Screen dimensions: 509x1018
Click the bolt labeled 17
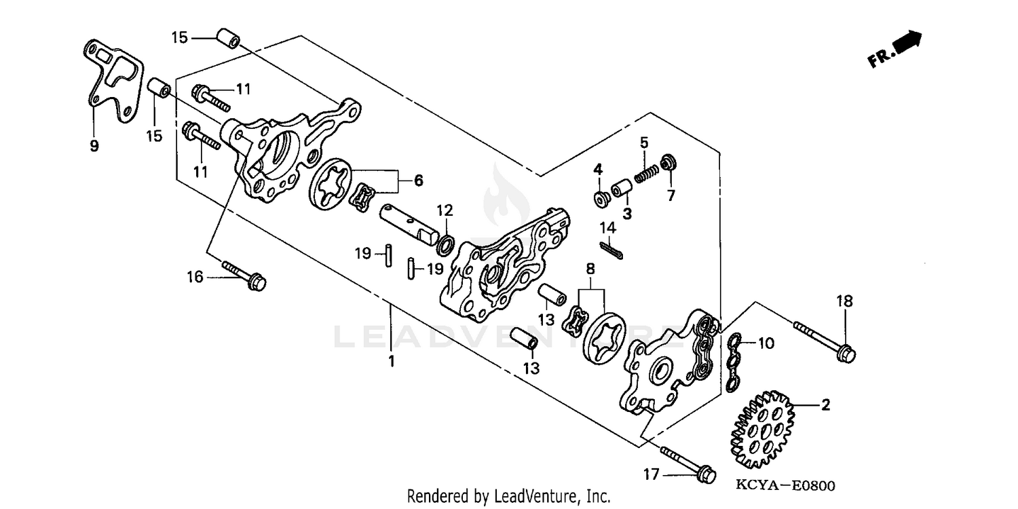click(x=685, y=461)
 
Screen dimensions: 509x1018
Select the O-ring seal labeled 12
click(x=445, y=243)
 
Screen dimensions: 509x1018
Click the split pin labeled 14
click(x=614, y=251)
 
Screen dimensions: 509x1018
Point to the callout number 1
click(x=391, y=361)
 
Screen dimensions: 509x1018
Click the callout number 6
click(x=418, y=181)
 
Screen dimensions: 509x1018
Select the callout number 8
click(x=590, y=268)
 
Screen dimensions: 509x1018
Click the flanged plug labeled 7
click(x=666, y=164)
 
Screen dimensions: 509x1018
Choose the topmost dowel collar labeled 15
click(x=227, y=39)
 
